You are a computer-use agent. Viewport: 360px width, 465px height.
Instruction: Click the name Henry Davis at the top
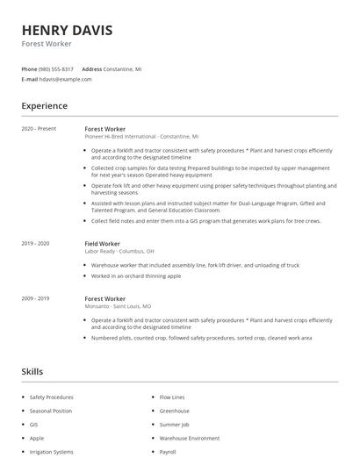coord(67,31)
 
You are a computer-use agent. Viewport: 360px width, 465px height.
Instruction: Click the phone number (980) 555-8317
coord(56,68)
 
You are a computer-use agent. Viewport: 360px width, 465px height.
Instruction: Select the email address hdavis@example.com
coord(65,79)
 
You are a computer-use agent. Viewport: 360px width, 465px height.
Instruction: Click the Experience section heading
coord(44,106)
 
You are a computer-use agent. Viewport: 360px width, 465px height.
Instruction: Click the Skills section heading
coord(32,371)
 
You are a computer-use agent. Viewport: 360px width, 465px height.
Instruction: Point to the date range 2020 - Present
coord(39,129)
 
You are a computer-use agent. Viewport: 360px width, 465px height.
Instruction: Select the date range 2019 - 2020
coord(35,243)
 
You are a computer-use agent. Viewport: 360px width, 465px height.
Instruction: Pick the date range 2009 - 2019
coord(35,299)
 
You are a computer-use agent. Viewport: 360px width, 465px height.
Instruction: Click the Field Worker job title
coord(102,243)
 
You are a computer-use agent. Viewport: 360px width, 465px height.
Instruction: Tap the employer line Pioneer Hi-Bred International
coord(140,137)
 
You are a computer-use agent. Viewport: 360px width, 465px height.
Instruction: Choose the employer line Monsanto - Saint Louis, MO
coord(118,307)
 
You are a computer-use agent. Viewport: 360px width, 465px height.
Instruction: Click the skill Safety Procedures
coord(51,397)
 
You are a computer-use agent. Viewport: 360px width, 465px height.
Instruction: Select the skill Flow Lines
coord(171,397)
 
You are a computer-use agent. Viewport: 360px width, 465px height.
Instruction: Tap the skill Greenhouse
coord(174,411)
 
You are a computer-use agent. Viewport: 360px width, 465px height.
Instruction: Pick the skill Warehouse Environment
coord(189,438)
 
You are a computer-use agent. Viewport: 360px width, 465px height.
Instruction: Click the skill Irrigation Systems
coord(51,452)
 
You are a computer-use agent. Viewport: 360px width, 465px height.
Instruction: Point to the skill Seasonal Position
coord(50,411)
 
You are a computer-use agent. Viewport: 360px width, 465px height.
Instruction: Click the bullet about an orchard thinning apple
coord(135,275)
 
